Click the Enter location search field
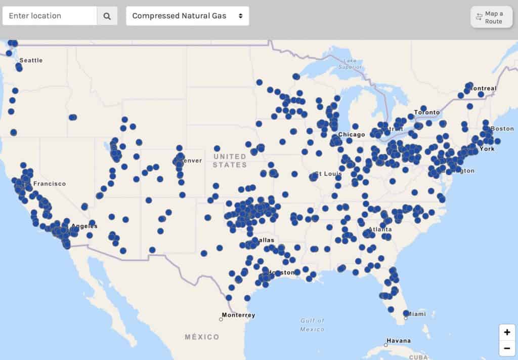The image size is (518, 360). click(50, 16)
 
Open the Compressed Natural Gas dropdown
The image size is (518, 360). click(187, 16)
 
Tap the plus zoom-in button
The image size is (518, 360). click(506, 333)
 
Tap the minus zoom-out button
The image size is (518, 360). click(506, 348)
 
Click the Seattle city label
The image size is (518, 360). click(31, 60)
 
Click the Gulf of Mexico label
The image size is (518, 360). click(312, 325)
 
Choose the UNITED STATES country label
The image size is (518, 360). click(230, 161)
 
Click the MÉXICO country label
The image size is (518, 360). click(202, 337)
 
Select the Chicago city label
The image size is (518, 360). click(352, 135)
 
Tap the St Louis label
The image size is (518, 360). click(326, 174)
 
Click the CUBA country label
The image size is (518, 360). click(418, 357)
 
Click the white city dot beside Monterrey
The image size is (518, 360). click(221, 319)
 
